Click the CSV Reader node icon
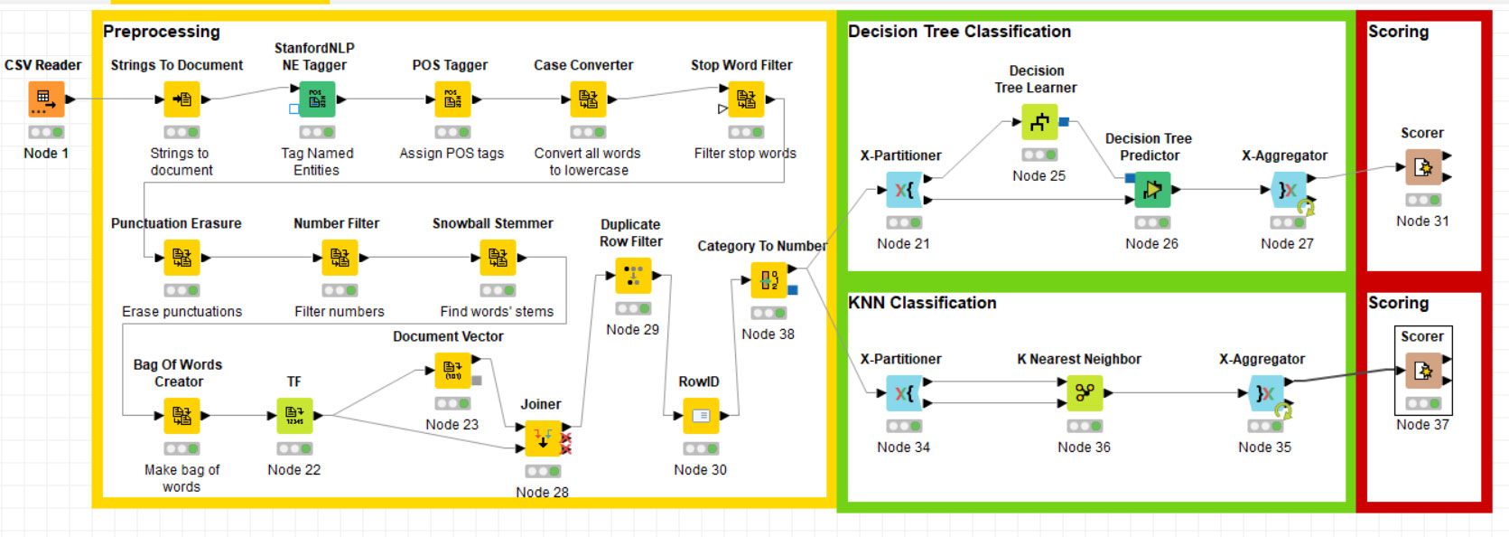tap(46, 99)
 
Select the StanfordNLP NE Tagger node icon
tap(317, 99)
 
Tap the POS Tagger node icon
tap(452, 99)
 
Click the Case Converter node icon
tap(588, 99)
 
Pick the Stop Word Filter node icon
tap(746, 99)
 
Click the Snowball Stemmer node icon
tap(498, 258)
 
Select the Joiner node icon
tap(543, 438)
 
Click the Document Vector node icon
tap(452, 371)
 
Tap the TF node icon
tap(294, 416)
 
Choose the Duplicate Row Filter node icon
tap(633, 276)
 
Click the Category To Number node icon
tap(768, 280)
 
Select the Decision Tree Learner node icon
tap(1039, 122)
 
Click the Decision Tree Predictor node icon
tap(1152, 190)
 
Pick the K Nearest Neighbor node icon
tap(1085, 393)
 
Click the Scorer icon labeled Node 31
tap(1423, 167)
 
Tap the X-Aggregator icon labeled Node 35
tap(1265, 393)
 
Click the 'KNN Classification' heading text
tap(922, 303)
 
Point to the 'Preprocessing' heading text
tap(162, 32)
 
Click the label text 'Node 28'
tap(542, 492)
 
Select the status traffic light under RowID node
tap(701, 448)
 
